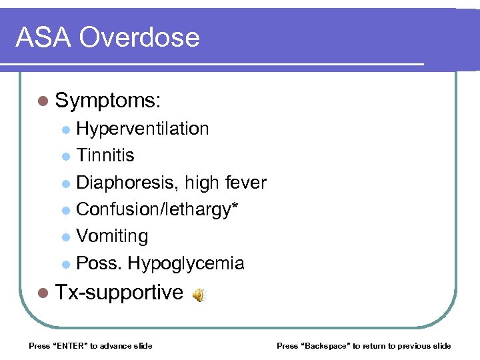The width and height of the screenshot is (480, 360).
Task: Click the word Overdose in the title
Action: [x=140, y=37]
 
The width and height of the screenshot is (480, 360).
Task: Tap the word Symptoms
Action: [x=108, y=101]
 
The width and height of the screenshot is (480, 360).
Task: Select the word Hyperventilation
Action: [x=143, y=129]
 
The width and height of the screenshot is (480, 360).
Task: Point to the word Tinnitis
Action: [x=105, y=155]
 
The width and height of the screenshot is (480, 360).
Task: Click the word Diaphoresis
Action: [x=127, y=183]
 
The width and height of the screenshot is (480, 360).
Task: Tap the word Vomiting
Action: [x=112, y=236]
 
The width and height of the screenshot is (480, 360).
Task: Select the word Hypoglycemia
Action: [x=186, y=263]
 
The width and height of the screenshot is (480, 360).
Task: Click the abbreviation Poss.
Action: [x=99, y=263]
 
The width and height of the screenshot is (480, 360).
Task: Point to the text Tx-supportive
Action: [x=119, y=292]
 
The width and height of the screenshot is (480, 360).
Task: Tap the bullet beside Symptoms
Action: [x=43, y=101]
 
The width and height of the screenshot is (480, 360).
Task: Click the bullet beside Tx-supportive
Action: [x=43, y=293]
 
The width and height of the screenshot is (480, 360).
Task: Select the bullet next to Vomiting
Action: [x=65, y=237]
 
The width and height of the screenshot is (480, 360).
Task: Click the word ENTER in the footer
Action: [x=69, y=345]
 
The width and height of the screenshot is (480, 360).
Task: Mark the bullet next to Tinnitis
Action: [x=65, y=156]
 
